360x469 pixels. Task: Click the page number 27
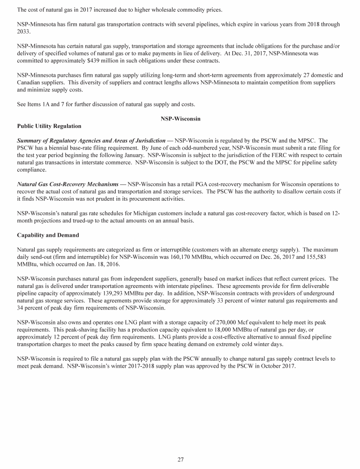point(180,459)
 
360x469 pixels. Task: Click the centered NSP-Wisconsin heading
point(180,119)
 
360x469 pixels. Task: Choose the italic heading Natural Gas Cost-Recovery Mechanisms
point(67,184)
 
